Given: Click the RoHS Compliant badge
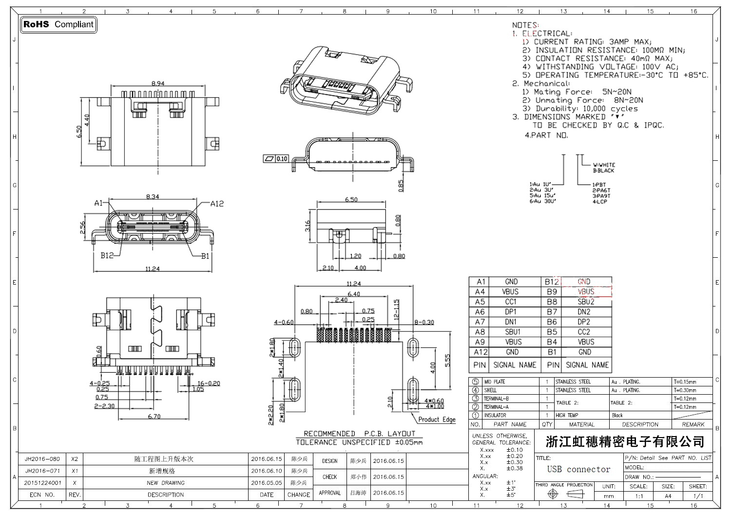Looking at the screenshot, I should tap(58, 24).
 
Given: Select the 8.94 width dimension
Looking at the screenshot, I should tap(158, 84).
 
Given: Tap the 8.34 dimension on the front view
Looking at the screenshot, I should tap(153, 197).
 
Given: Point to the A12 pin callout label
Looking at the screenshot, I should tap(217, 204).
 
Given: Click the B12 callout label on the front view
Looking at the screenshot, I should tap(107, 255).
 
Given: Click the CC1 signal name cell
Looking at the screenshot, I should tap(511, 302).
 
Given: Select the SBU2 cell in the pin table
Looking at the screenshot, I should tap(586, 302).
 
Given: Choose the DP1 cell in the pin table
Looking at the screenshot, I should tap(511, 312).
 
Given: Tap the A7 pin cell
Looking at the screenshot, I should tap(480, 322).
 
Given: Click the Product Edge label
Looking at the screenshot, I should tap(437, 420).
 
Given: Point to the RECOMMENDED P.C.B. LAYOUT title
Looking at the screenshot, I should tap(359, 434).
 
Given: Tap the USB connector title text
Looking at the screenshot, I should tap(578, 469).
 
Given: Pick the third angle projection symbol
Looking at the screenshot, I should tap(564, 494).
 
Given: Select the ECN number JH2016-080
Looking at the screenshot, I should tap(42, 459).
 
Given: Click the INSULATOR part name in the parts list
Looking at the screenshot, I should tap(495, 415).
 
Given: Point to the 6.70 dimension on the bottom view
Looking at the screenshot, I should tap(154, 417).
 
